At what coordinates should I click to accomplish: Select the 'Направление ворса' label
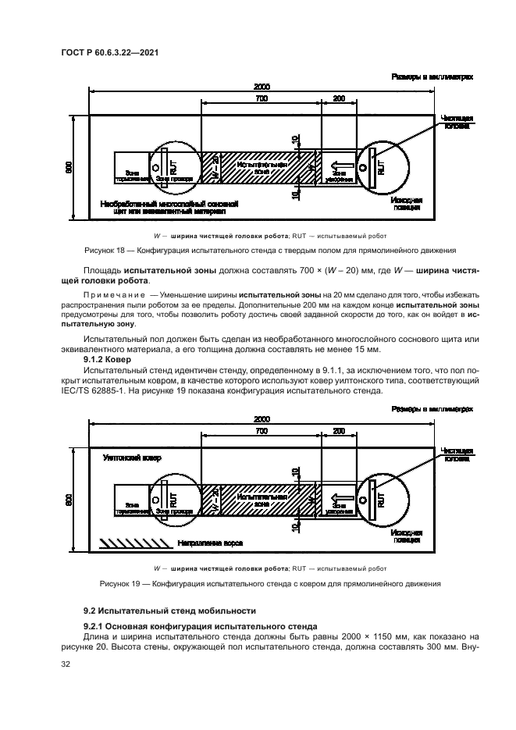click(208, 541)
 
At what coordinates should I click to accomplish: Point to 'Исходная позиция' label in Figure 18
click(407, 204)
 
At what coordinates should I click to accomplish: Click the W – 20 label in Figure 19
click(216, 499)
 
